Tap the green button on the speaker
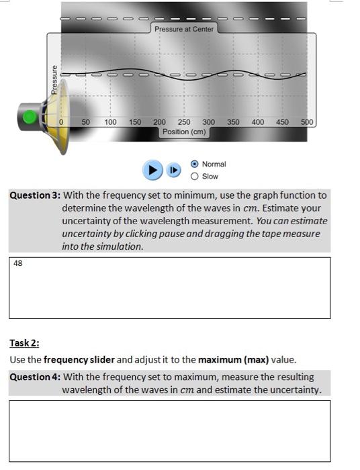point(30,117)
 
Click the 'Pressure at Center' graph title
point(184,30)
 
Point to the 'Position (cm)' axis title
point(184,132)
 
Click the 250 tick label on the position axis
point(184,123)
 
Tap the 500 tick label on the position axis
point(307,123)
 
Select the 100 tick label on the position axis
point(110,123)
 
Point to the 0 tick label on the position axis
point(61,123)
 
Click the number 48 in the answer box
point(18,264)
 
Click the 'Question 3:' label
point(35,195)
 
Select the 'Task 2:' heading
point(24,343)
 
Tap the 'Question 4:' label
point(35,377)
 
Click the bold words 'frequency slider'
point(78,359)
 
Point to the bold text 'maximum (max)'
point(233,359)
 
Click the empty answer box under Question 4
point(169,430)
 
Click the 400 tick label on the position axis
point(258,123)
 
